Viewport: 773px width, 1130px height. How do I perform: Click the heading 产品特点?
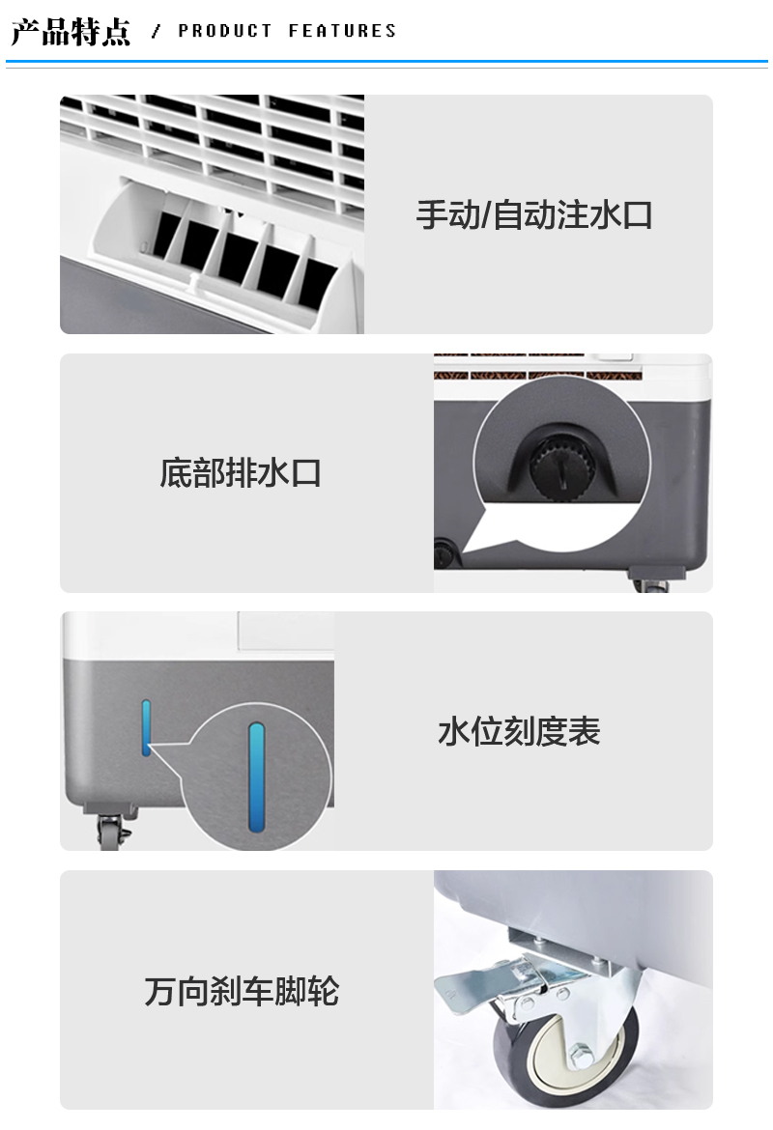tap(71, 32)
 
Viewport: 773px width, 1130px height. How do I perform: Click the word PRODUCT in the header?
tap(225, 31)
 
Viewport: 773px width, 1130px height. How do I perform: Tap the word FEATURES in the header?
tap(342, 31)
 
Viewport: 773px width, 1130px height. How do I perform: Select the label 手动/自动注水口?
tap(534, 215)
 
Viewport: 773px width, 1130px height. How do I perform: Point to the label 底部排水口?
tap(241, 473)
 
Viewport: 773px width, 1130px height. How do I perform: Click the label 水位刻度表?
tap(519, 731)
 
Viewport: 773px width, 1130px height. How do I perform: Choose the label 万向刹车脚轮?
tap(242, 991)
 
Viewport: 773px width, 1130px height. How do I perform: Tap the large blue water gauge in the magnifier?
tap(257, 777)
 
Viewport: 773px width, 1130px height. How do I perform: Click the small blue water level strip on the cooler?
tap(146, 727)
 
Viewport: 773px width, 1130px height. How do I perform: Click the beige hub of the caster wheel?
tap(570, 1052)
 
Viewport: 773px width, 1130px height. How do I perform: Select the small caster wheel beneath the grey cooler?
tap(109, 833)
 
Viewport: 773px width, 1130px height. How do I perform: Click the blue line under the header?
tap(386, 63)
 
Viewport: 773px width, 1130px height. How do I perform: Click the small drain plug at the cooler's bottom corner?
tap(444, 554)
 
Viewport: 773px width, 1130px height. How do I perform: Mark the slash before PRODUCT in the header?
tap(156, 31)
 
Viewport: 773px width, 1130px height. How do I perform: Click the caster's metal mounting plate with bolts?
tap(563, 943)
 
